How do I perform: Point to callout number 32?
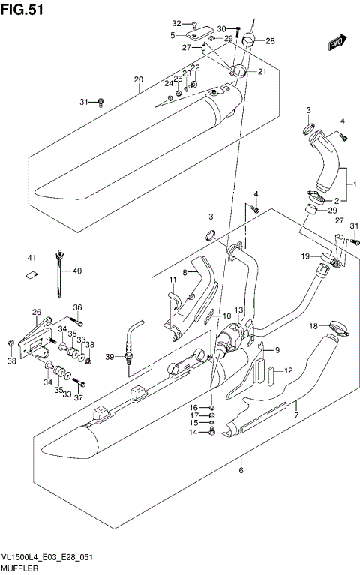pos(176,23)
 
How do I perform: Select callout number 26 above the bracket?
pos(36,312)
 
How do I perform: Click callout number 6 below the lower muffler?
pos(241,471)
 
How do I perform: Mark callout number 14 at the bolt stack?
pos(192,433)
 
